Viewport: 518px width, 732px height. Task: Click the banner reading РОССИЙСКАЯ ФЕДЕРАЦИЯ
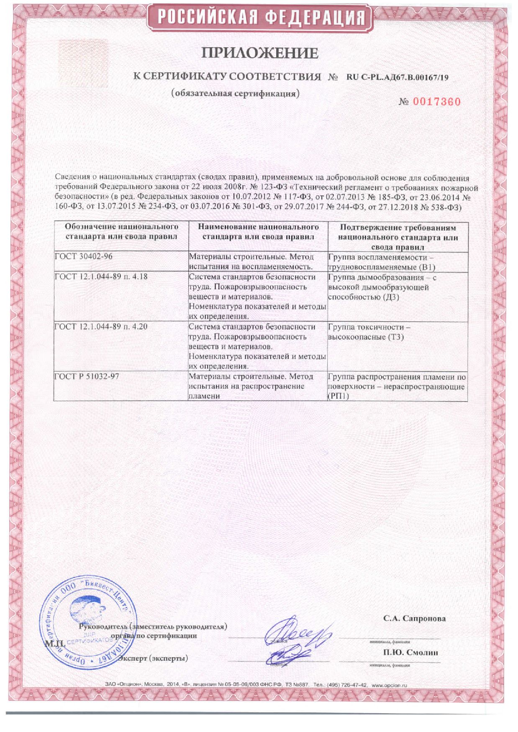[261, 18]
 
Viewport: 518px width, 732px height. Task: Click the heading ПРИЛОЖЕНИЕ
[260, 53]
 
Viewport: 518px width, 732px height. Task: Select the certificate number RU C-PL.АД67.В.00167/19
[397, 77]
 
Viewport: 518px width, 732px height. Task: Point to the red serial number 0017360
[436, 102]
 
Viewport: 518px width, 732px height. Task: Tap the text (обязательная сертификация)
[236, 94]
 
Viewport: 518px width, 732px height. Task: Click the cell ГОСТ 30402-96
[84, 256]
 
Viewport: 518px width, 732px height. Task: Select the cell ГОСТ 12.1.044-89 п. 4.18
[101, 276]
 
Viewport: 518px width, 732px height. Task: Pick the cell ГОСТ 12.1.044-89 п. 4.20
[101, 327]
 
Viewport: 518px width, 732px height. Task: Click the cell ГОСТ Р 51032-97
[87, 376]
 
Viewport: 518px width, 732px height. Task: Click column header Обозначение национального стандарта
[121, 232]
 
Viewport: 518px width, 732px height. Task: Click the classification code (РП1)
[338, 396]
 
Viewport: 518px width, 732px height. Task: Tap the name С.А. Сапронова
[414, 619]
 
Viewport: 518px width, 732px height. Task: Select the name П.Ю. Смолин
[410, 653]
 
